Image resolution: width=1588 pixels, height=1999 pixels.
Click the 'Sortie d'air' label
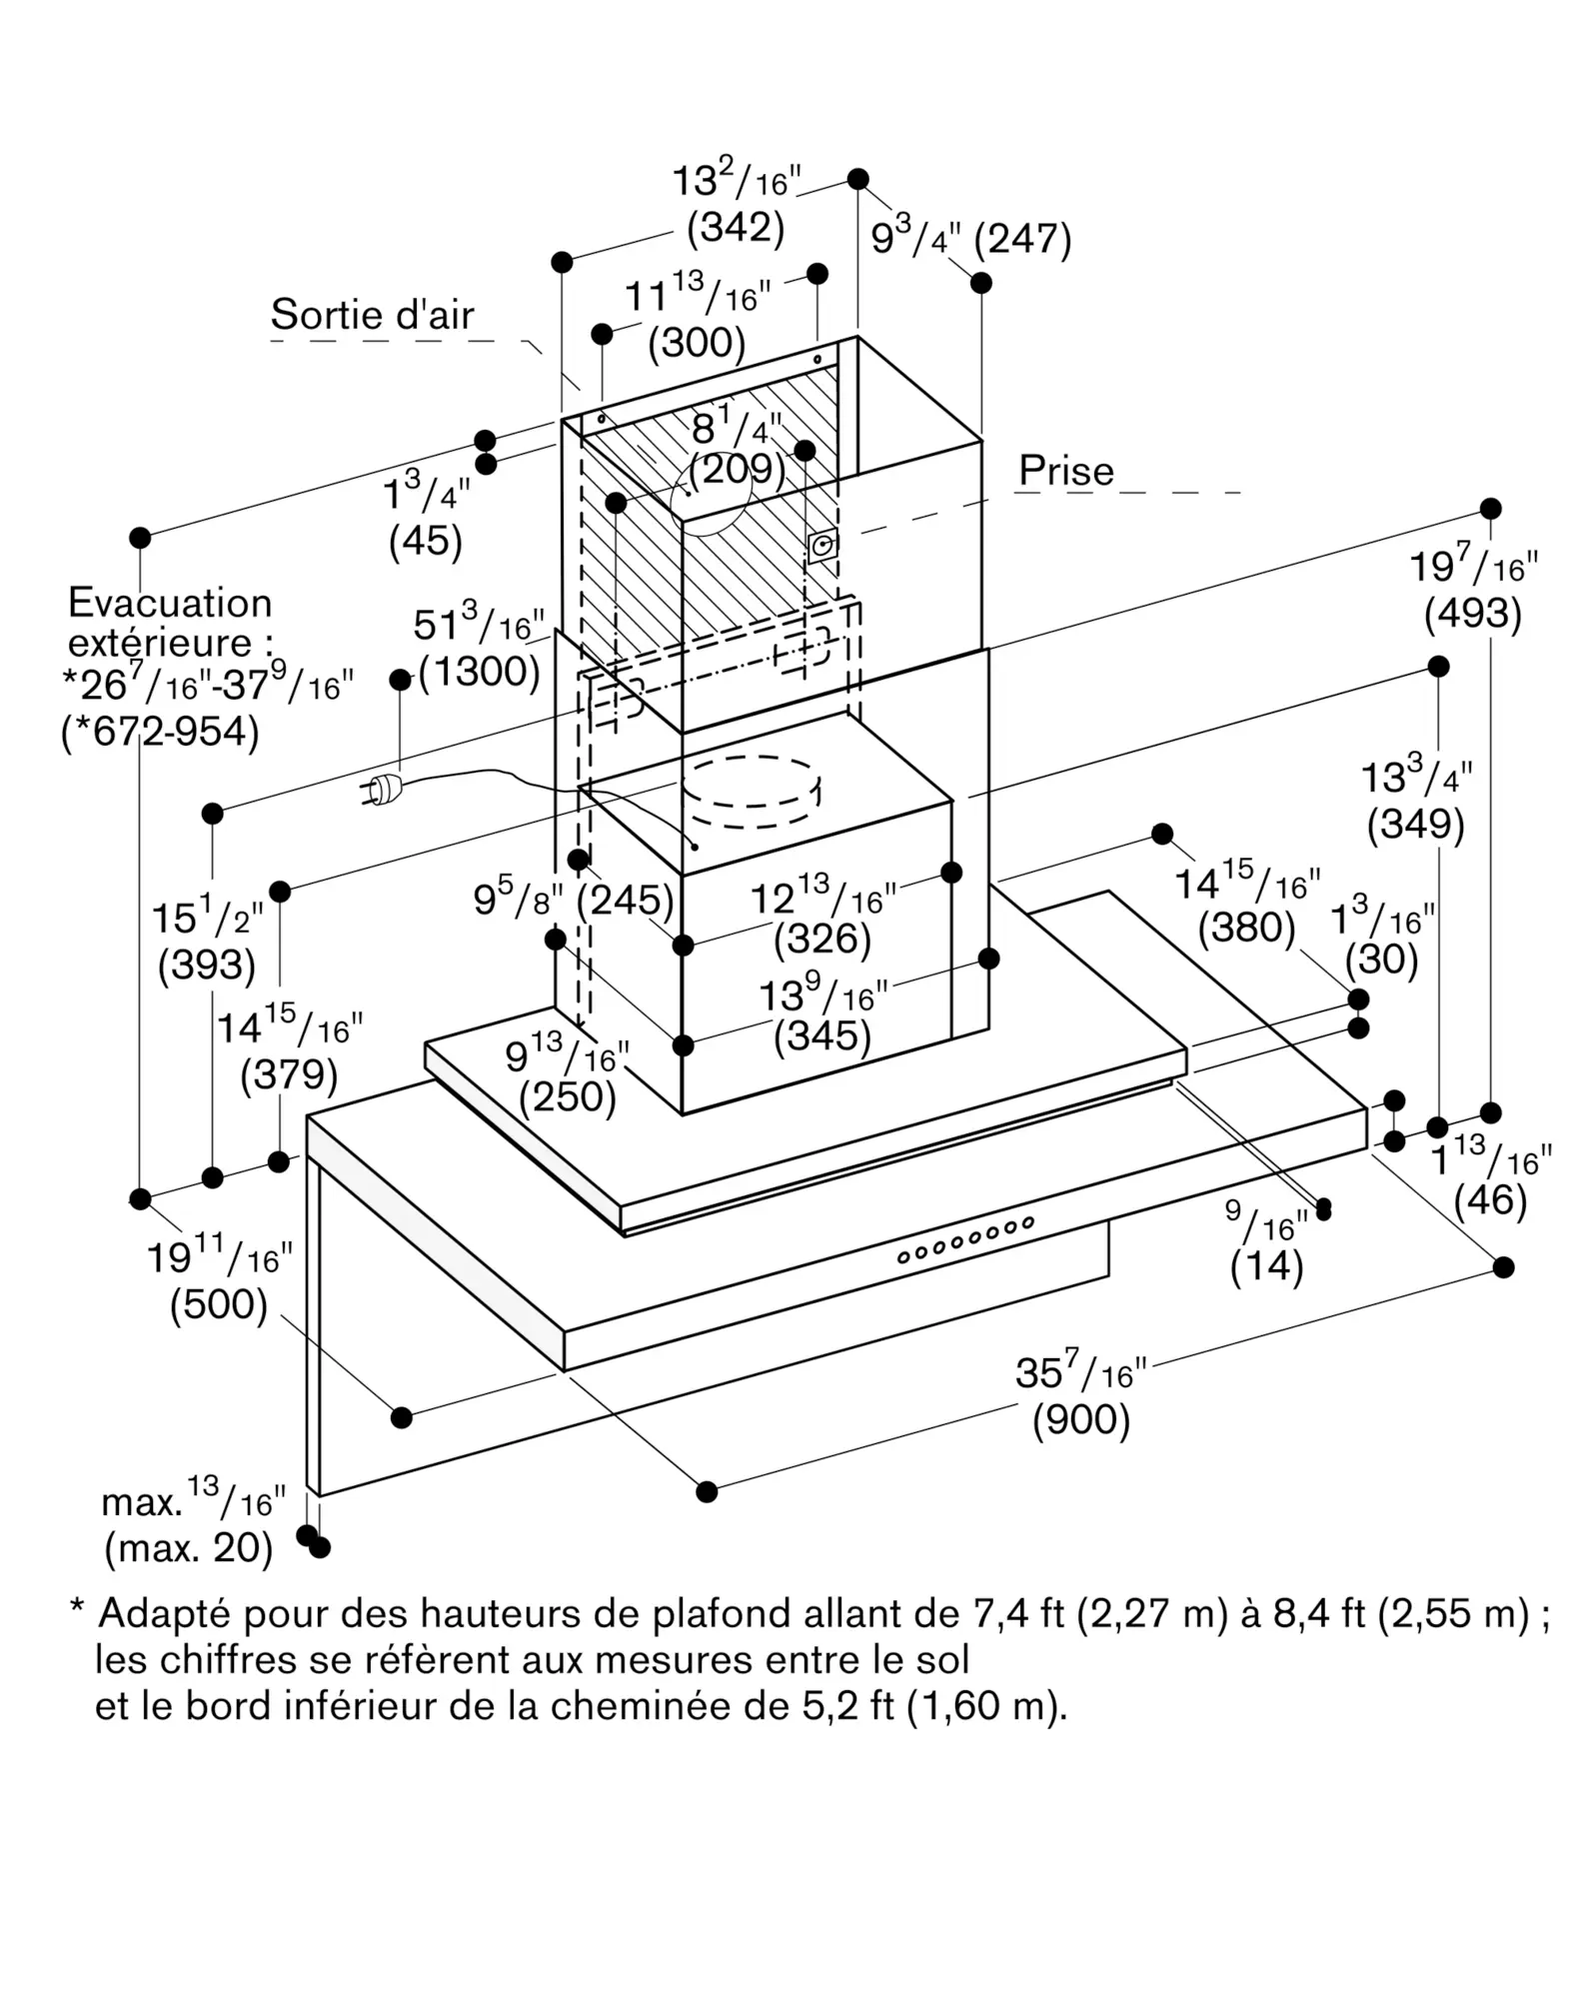tap(372, 315)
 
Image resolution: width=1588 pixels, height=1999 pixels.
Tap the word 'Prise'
tap(1065, 471)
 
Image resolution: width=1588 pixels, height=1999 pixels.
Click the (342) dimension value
tap(736, 228)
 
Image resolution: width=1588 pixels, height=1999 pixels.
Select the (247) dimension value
tap(1022, 239)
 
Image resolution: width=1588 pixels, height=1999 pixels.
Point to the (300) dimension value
tap(697, 343)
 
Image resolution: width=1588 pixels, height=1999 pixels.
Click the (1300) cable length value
tap(480, 672)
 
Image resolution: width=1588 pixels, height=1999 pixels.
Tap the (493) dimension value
tap(1472, 614)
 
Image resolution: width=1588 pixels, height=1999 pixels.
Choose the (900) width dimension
tap(1080, 1420)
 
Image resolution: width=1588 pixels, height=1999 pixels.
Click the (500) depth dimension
tap(219, 1305)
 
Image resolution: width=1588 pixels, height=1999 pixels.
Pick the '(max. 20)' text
tap(189, 1547)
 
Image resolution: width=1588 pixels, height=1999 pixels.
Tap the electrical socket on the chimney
tap(822, 546)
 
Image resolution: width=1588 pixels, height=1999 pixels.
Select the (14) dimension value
tap(1266, 1267)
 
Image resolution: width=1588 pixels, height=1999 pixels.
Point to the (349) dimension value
tap(1415, 825)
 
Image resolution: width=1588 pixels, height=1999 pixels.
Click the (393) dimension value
tap(207, 965)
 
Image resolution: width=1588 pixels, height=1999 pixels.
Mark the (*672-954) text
tap(160, 732)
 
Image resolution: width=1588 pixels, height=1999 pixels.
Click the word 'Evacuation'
tap(170, 603)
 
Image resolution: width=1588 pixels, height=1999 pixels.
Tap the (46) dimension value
tap(1490, 1200)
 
